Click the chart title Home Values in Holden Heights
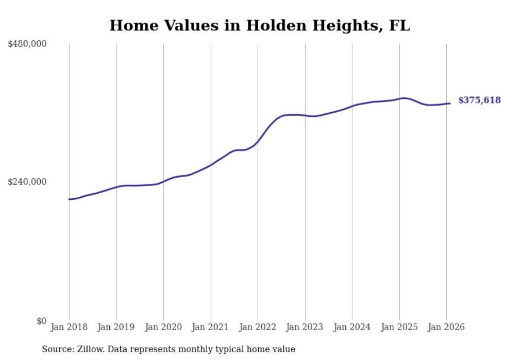pos(259,26)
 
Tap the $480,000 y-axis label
pos(27,44)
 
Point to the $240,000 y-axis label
pos(27,182)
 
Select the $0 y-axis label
pos(41,321)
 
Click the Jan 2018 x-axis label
pos(69,328)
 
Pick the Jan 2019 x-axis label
pos(116,328)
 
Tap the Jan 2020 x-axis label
pos(163,328)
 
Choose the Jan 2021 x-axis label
pos(210,328)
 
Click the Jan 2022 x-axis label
pos(258,328)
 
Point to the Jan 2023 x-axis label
pos(305,328)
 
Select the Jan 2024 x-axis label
pos(352,328)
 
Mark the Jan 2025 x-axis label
pos(399,328)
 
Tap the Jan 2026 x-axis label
pos(446,328)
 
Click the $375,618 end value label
pos(479,100)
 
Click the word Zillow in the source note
pos(90,349)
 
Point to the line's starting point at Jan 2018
pos(69,199)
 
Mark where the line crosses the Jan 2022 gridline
pos(258,142)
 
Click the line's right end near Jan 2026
pos(450,104)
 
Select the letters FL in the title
pos(400,26)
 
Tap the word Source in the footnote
pos(56,349)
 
